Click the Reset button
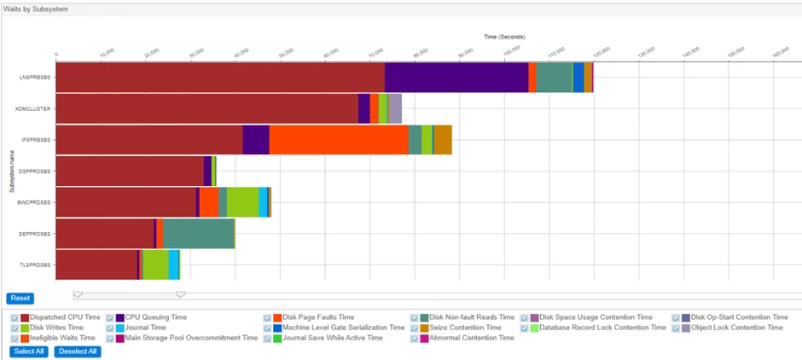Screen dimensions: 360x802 click(20, 299)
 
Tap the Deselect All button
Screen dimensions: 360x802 click(77, 351)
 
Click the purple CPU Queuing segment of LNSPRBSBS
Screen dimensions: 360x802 click(456, 77)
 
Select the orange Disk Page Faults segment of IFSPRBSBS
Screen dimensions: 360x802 click(338, 140)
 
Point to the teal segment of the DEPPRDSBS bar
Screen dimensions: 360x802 click(198, 234)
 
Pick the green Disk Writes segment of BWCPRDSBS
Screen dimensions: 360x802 click(242, 202)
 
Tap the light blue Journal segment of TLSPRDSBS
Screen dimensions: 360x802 click(173, 264)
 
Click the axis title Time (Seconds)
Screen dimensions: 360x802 click(504, 37)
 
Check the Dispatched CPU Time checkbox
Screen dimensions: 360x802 click(15, 317)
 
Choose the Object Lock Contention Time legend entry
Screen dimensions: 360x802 click(735, 328)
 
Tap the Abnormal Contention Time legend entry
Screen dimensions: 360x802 click(471, 338)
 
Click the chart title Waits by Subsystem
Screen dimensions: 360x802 click(36, 9)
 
